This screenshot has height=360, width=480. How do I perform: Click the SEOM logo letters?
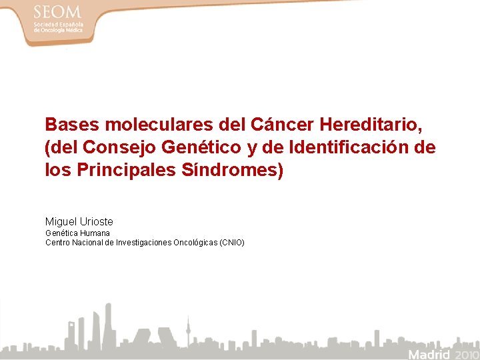point(57,11)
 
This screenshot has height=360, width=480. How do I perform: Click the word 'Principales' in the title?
point(127,170)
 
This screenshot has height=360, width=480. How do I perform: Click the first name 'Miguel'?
point(61,221)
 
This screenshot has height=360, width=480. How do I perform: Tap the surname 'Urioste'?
point(96,221)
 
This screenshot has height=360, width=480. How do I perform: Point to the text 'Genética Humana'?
point(77,233)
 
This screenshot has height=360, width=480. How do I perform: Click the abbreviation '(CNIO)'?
point(232,243)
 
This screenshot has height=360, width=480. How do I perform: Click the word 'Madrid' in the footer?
point(429,353)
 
